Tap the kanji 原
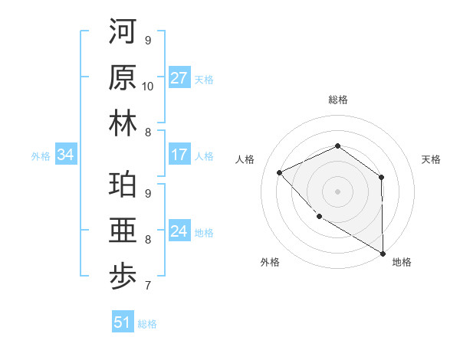[x=123, y=79]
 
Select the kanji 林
[x=123, y=125]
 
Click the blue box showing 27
[x=179, y=78]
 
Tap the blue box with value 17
[x=179, y=155]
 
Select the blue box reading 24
[x=179, y=231]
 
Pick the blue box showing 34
[x=66, y=155]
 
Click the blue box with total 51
[x=123, y=322]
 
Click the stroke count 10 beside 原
[x=148, y=86]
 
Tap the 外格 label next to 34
[x=41, y=155]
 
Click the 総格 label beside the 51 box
[x=147, y=323]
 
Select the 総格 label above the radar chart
[x=337, y=100]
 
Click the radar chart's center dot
[x=337, y=191]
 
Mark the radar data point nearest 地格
[x=383, y=253]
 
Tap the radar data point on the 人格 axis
[x=280, y=172]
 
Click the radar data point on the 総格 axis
[x=337, y=146]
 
